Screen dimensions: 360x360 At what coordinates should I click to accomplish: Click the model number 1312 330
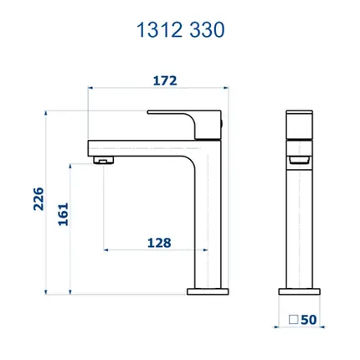click(180, 30)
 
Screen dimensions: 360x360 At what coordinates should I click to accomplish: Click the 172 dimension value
click(165, 81)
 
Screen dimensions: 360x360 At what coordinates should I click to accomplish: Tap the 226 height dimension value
click(39, 198)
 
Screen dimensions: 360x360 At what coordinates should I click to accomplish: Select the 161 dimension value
click(63, 214)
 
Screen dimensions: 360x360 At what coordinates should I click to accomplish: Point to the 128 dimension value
click(159, 243)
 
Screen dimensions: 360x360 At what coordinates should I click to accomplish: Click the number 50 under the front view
click(309, 320)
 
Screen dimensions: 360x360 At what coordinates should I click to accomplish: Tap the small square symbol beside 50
click(294, 320)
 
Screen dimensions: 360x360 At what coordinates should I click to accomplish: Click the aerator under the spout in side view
click(104, 160)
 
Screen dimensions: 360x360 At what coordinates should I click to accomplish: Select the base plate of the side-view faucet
click(208, 291)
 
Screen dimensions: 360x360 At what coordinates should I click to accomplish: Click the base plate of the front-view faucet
click(299, 291)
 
